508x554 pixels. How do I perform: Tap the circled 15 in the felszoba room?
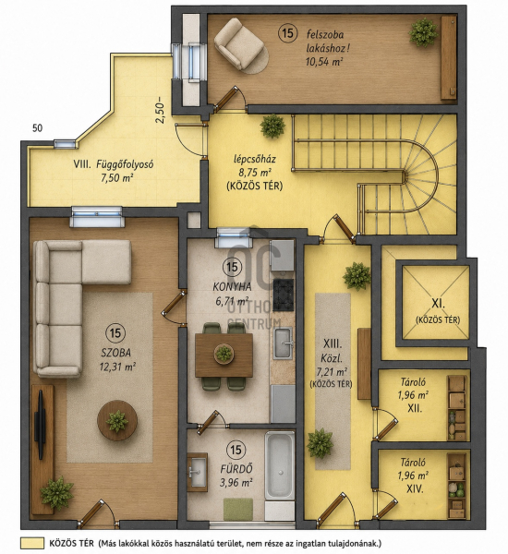(287, 33)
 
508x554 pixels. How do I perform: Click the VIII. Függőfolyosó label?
(113, 164)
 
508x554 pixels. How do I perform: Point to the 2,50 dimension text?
(160, 110)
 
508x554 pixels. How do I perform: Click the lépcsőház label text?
(255, 159)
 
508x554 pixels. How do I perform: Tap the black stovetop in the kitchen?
(284, 295)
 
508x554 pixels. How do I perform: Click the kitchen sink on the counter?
(283, 343)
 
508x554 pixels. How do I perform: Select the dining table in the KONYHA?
(224, 355)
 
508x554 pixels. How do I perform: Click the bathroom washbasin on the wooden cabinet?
(197, 472)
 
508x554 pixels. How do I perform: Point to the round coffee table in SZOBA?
(117, 420)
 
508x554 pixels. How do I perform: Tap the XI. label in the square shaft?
(438, 303)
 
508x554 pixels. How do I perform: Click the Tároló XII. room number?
(415, 408)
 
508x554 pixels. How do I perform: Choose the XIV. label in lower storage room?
(415, 488)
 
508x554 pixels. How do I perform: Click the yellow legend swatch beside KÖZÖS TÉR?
(32, 544)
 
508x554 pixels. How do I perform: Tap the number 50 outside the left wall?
(37, 128)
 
